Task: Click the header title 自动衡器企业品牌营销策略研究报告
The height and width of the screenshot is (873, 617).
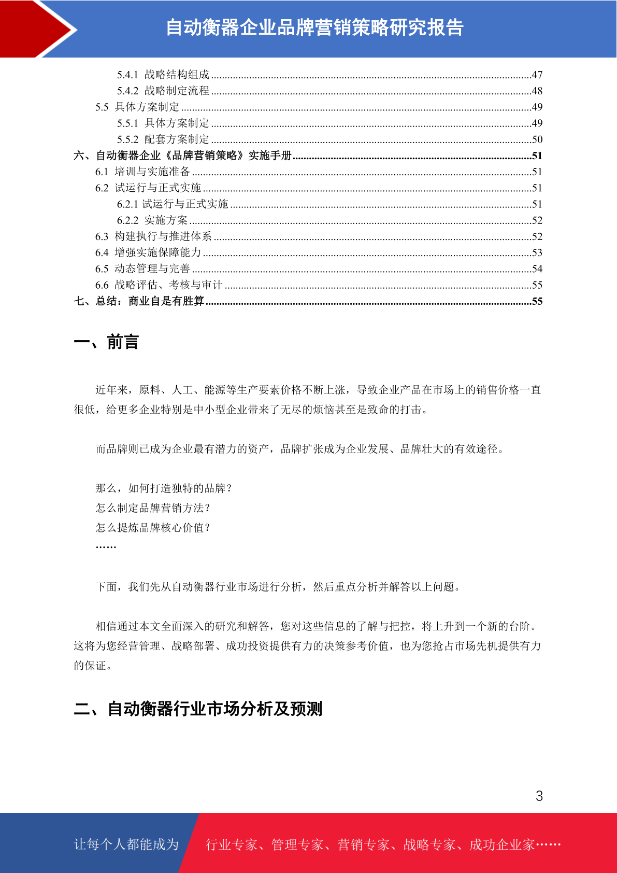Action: [314, 28]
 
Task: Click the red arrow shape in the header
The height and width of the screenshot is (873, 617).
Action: [36, 29]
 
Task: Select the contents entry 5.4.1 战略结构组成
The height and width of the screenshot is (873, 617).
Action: [163, 75]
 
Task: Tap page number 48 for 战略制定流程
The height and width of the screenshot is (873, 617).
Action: [537, 91]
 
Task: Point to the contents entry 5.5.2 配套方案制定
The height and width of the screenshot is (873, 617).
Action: [163, 139]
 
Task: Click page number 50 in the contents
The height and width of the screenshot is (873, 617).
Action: [537, 139]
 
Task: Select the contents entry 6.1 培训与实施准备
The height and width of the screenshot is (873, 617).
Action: [142, 172]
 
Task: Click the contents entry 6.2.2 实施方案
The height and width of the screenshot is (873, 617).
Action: [152, 220]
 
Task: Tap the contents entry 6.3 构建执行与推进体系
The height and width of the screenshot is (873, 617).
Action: [153, 236]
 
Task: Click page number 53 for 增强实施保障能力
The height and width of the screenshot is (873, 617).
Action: [537, 252]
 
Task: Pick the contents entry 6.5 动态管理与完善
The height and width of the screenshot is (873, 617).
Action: [142, 269]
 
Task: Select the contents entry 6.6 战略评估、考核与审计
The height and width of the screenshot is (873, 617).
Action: [159, 285]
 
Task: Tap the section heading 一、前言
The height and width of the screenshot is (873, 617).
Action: [106, 342]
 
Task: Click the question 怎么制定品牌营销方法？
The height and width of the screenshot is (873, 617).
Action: [153, 508]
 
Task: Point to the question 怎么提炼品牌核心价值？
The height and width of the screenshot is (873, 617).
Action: [153, 528]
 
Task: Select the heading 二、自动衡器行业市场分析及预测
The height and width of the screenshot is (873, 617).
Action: [198, 709]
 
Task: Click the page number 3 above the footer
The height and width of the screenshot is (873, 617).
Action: [539, 796]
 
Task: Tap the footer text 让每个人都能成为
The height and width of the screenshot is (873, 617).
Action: [126, 844]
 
